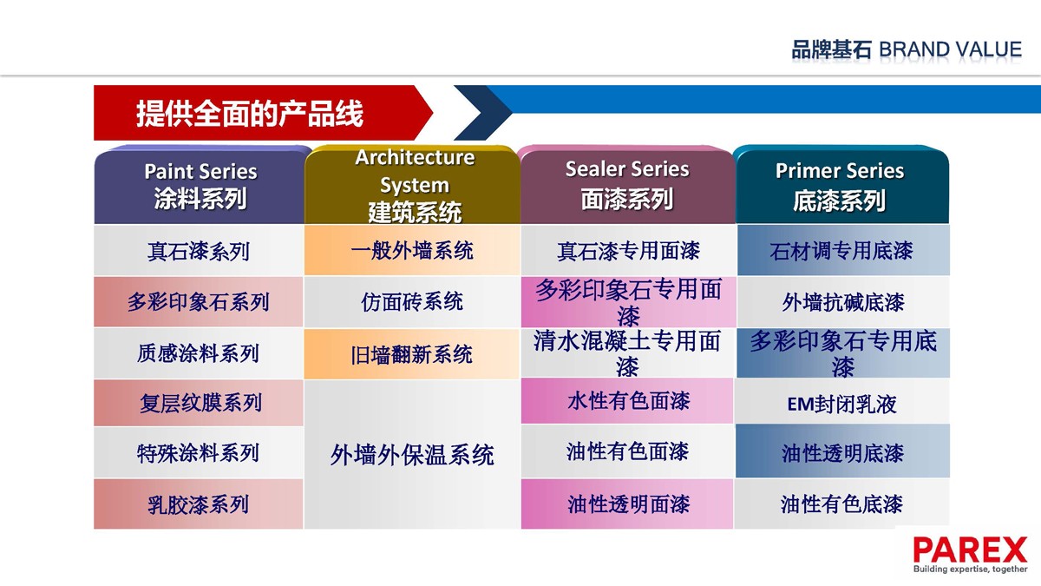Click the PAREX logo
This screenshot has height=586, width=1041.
[x=970, y=555]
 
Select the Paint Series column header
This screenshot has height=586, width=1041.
[x=200, y=185]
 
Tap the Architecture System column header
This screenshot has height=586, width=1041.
[x=413, y=185]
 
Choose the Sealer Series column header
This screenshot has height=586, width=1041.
[x=627, y=185]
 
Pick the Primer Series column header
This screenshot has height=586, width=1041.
[x=841, y=185]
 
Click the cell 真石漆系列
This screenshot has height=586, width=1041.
[x=199, y=251]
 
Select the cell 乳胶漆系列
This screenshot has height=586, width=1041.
[x=199, y=504]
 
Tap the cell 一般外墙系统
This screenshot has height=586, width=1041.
[x=412, y=250]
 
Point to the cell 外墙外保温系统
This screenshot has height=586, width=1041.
[x=412, y=454]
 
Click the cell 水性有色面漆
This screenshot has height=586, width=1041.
[x=628, y=400]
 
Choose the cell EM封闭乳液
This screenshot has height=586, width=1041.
[x=842, y=404]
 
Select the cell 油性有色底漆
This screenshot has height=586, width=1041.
[x=842, y=504]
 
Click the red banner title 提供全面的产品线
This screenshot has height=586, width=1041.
[x=250, y=113]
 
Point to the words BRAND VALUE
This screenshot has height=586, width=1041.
[x=951, y=49]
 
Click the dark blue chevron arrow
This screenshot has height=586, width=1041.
[x=483, y=113]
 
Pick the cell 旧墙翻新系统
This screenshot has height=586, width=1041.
[x=412, y=354]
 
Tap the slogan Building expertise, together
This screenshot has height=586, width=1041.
[x=971, y=569]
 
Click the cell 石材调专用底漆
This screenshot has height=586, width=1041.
[x=842, y=251]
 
